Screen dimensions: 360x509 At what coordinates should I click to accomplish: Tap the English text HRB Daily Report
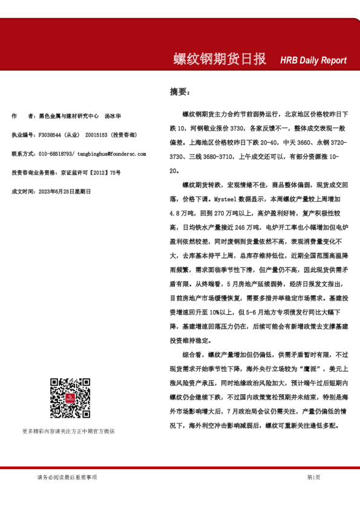click(x=313, y=60)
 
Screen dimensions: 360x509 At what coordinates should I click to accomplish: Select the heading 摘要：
click(x=180, y=92)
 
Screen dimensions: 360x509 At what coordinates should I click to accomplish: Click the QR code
click(x=67, y=397)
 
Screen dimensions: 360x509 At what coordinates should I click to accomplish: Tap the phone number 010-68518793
click(x=56, y=154)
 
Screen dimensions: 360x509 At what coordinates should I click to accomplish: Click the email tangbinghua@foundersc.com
click(x=112, y=154)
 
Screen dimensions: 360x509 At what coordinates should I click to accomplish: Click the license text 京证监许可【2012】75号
click(x=90, y=173)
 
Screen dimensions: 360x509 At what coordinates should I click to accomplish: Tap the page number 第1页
click(x=313, y=478)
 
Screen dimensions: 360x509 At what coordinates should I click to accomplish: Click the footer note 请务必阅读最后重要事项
click(x=67, y=478)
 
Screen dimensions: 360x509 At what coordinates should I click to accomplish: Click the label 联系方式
click(x=24, y=154)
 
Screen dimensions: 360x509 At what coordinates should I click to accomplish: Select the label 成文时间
click(x=24, y=192)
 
